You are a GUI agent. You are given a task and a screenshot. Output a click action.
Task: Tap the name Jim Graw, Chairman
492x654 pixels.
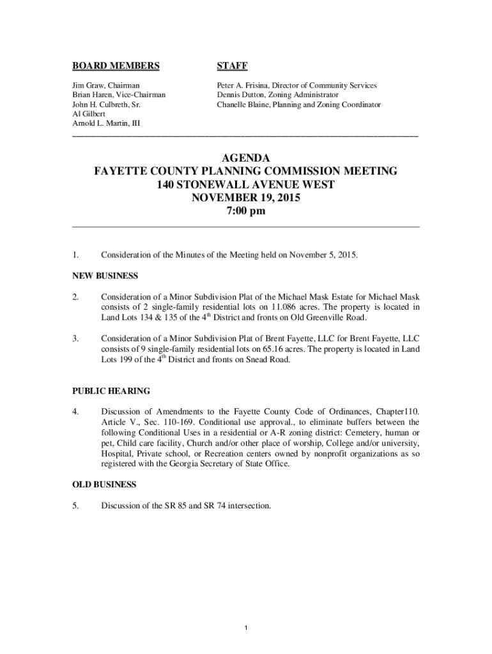[105, 85]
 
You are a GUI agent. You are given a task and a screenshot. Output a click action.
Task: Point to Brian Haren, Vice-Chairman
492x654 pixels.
[118, 95]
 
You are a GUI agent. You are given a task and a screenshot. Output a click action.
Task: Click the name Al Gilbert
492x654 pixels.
[87, 113]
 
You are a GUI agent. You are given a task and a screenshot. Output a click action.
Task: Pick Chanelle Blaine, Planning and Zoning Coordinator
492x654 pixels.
[298, 104]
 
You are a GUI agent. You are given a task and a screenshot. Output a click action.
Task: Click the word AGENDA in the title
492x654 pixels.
[246, 158]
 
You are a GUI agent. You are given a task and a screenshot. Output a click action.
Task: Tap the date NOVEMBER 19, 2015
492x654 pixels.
[246, 198]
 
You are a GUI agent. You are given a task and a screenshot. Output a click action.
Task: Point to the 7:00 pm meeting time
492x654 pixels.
[246, 211]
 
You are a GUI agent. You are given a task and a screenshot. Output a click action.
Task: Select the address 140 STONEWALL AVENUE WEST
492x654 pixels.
[246, 185]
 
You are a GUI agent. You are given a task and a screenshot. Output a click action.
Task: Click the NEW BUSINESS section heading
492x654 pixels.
[104, 276]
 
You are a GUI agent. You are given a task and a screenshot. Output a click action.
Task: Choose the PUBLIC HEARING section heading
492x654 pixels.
[111, 390]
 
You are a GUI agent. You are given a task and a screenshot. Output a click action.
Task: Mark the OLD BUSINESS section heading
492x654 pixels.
[104, 484]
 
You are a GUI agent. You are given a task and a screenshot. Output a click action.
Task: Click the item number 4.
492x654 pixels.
[75, 411]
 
